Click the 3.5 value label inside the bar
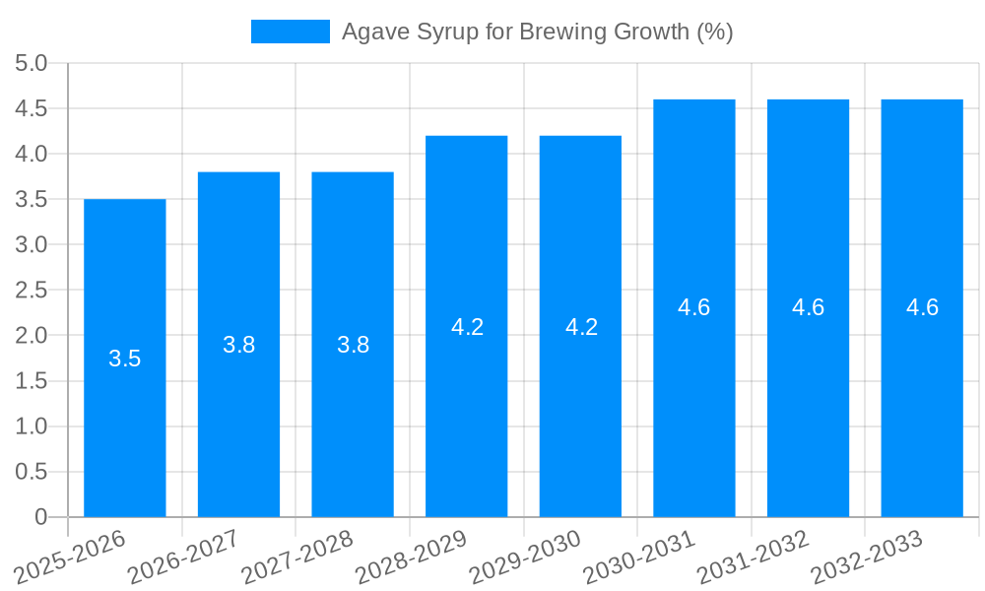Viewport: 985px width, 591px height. (x=125, y=359)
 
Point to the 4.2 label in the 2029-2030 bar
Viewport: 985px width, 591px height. (x=581, y=327)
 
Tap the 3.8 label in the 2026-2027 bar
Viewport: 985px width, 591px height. (x=239, y=345)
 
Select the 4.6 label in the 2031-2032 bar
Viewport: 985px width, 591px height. (x=808, y=307)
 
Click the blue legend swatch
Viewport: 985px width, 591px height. (x=290, y=32)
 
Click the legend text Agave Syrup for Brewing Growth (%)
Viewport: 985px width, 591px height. (x=537, y=32)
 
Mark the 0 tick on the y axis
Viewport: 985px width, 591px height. (x=41, y=516)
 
